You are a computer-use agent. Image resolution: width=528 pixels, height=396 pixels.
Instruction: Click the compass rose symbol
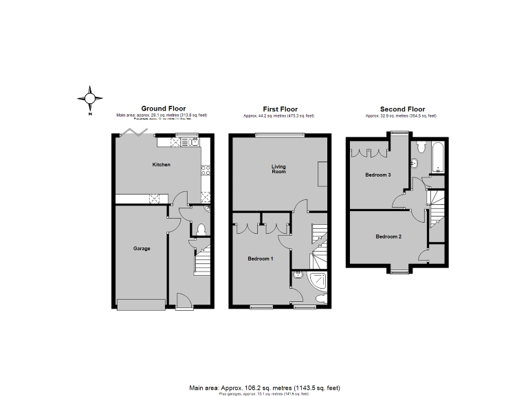(89, 98)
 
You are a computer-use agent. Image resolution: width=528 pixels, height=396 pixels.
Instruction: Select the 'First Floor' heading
(279, 109)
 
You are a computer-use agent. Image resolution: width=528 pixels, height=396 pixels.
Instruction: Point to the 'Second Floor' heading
(402, 109)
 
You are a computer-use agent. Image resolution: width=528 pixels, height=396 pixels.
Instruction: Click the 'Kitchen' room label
(161, 165)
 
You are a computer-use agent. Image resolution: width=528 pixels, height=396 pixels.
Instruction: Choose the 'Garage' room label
(141, 248)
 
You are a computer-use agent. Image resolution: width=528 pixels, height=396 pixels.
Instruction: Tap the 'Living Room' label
(278, 169)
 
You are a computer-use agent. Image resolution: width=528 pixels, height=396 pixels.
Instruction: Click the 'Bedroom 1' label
(261, 258)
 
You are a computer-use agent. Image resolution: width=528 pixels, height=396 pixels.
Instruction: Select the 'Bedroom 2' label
(388, 236)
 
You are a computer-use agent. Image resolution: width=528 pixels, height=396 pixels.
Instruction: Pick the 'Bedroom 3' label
(377, 175)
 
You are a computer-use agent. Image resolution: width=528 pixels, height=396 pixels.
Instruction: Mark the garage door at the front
(141, 305)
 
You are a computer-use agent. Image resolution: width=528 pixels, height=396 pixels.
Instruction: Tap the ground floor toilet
(201, 230)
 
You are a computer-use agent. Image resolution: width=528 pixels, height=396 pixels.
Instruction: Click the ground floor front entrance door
(182, 301)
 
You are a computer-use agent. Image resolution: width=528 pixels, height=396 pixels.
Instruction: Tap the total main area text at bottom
(264, 387)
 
